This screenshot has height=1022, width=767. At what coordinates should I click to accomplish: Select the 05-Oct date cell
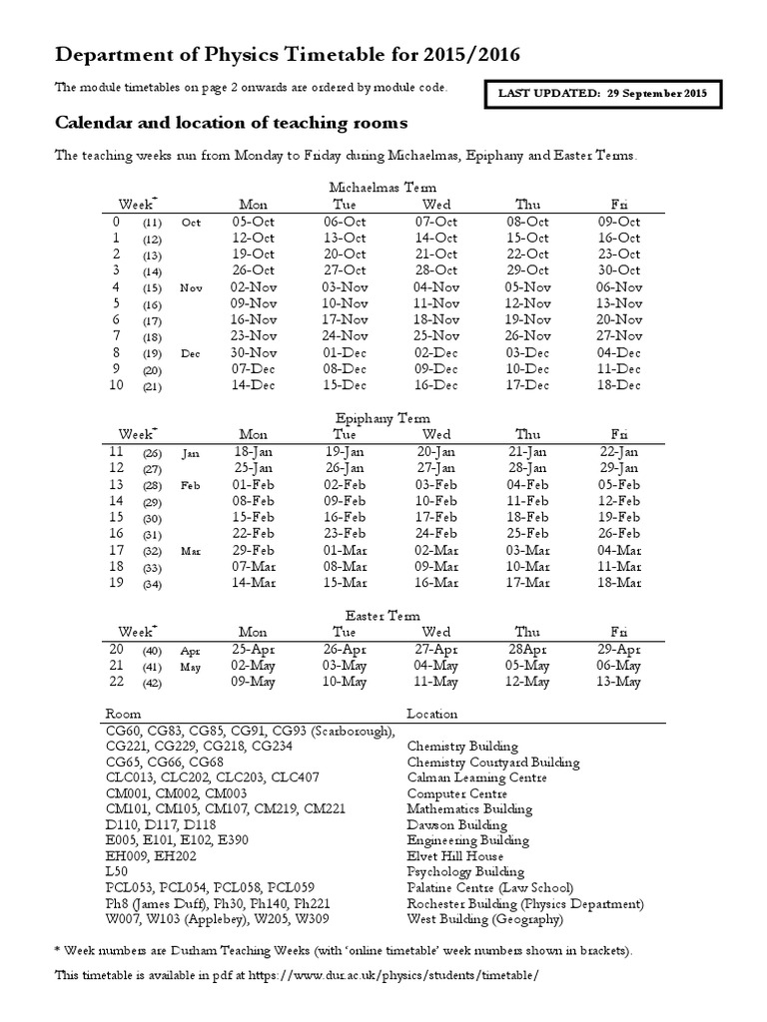coord(254,222)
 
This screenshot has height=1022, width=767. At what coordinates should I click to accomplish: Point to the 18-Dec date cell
coord(618,385)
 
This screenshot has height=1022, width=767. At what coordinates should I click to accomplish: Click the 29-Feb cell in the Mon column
coord(254,550)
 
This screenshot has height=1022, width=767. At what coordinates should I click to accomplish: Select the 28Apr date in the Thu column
coord(526,649)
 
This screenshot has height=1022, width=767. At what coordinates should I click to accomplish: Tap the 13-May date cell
coord(618,682)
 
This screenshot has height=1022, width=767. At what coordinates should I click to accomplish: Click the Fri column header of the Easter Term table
coord(618,632)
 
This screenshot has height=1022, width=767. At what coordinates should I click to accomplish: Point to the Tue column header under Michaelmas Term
coord(344,204)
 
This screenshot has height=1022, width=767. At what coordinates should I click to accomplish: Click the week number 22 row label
coord(115,682)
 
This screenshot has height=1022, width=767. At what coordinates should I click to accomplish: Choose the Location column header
coord(432,714)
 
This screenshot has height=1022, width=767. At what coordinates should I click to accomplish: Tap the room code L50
coord(118,871)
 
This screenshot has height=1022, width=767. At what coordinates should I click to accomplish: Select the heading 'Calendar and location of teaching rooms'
coord(231,124)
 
